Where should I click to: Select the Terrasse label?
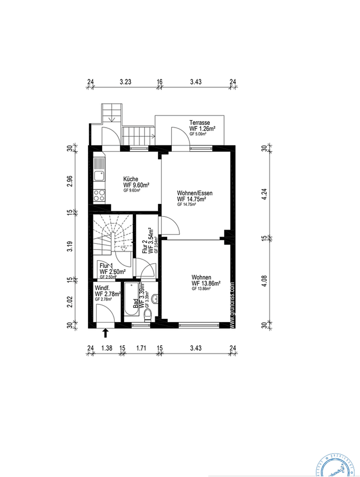(x=199, y=122)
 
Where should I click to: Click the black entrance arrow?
(x=105, y=332)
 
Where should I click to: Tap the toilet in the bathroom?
(x=148, y=314)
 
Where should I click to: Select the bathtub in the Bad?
(x=131, y=300)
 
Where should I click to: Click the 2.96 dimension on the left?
(x=69, y=182)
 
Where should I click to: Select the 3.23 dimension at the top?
(x=125, y=82)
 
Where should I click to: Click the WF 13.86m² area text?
(x=206, y=283)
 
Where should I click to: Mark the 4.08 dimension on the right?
(x=264, y=281)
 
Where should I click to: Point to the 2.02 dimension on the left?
(x=69, y=302)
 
